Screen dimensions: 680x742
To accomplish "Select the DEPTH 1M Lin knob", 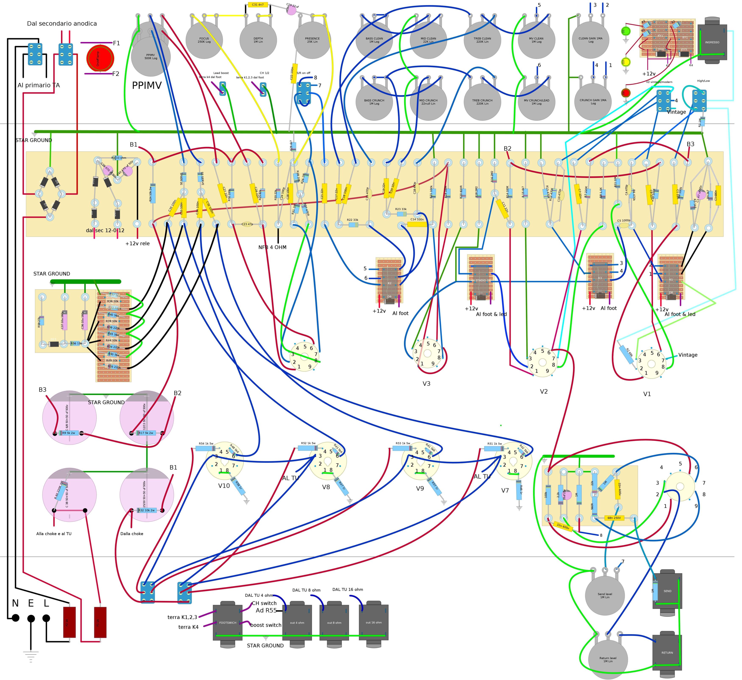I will [x=258, y=40].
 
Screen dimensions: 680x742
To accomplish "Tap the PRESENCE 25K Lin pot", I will [x=312, y=40].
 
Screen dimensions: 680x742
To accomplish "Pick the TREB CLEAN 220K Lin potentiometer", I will [x=482, y=40].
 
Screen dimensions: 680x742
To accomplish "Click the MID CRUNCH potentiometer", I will [x=428, y=102].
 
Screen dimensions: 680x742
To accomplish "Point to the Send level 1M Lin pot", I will [x=605, y=595].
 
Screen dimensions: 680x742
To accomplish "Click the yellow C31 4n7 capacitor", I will [x=258, y=5].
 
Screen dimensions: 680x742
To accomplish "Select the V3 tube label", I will [x=426, y=384].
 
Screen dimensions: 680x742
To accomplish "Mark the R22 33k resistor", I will [x=353, y=225].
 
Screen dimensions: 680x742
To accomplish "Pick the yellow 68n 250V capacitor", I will [x=614, y=518].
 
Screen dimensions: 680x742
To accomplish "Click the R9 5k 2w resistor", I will [x=69, y=433].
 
